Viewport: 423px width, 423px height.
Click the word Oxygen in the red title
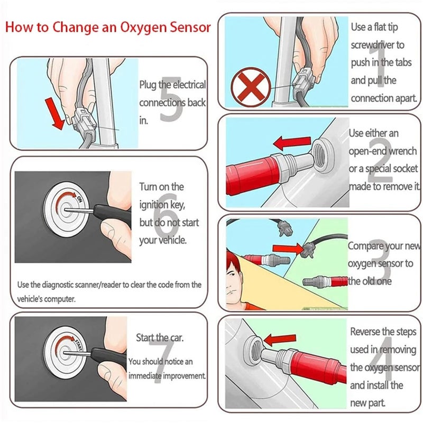click(x=143, y=28)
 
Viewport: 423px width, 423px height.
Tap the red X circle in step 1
click(x=251, y=87)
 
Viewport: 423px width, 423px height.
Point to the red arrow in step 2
click(x=292, y=143)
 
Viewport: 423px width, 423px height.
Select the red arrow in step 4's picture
click(x=280, y=340)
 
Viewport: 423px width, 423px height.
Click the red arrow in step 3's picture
click(x=288, y=249)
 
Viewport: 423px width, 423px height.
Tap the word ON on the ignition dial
click(x=79, y=199)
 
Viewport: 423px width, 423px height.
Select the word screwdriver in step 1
click(x=373, y=45)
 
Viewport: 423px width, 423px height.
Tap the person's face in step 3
click(x=234, y=280)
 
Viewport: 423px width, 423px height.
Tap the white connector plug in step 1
click(x=305, y=80)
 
